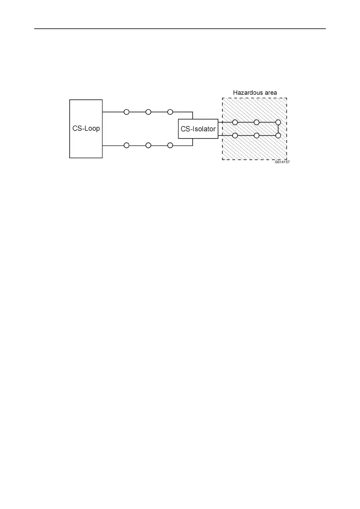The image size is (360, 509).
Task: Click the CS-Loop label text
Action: pos(86,128)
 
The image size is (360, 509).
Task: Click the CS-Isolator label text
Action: pos(198,129)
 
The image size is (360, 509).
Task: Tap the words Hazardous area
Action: pos(255,93)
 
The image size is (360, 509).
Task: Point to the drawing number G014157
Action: pos(282,162)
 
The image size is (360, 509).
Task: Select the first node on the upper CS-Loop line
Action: pos(126,112)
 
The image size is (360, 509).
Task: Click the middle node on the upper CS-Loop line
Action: pos(148,112)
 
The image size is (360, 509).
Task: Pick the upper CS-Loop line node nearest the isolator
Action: pos(170,112)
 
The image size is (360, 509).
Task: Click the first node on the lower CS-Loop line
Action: pos(126,145)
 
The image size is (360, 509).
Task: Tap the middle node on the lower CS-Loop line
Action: pos(148,145)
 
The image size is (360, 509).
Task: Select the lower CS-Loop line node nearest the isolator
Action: pos(170,145)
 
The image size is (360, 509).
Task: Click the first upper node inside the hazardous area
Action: pos(235,122)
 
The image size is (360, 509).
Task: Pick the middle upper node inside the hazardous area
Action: pos(257,122)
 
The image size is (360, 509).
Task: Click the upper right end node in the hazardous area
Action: pos(278,122)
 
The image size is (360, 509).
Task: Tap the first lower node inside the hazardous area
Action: pos(235,136)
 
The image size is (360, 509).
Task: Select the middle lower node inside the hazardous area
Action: pos(257,136)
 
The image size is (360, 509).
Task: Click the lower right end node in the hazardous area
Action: pos(278,136)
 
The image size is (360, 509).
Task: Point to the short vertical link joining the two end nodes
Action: pos(278,129)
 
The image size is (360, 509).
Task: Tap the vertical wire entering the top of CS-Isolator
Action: pos(193,115)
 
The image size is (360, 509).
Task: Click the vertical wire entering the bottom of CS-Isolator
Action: pos(193,142)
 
